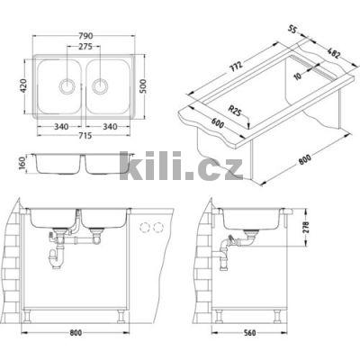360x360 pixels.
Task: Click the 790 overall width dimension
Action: [x=85, y=36]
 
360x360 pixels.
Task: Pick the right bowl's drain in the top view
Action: [x=100, y=87]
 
